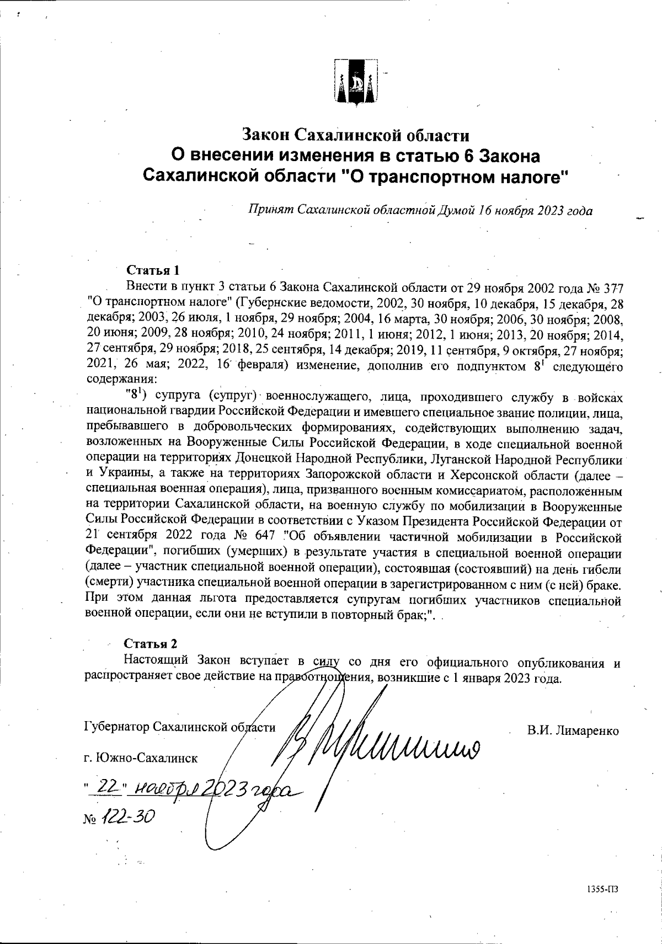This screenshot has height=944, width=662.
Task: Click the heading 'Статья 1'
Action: (x=153, y=271)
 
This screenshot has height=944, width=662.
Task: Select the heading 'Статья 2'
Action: (x=151, y=644)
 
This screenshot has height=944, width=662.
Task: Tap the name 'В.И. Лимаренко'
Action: (x=573, y=730)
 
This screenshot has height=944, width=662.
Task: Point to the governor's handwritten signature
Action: (x=386, y=742)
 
